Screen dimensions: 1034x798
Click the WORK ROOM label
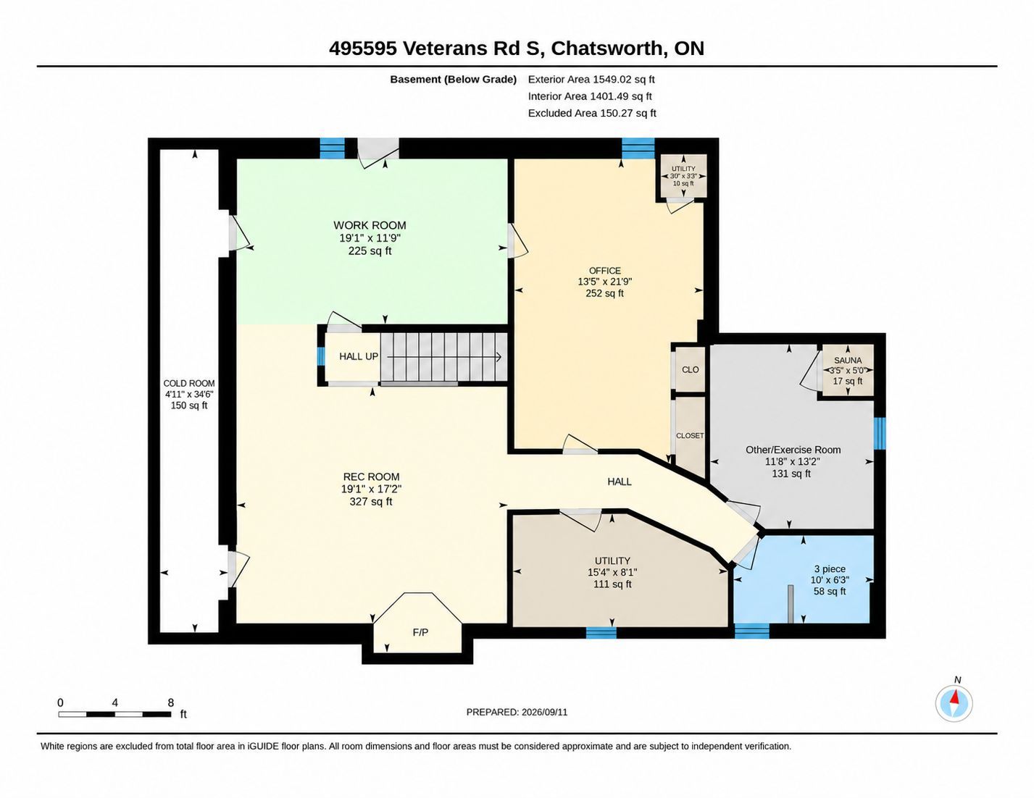coord(370,225)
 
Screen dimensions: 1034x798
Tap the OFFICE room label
coord(605,271)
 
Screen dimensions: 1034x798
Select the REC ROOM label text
coord(371,476)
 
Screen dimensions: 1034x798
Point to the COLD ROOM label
coord(189,383)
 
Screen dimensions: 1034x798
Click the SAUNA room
coord(848,371)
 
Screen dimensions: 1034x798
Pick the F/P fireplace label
coord(420,632)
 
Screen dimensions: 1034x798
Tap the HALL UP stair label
coord(358,356)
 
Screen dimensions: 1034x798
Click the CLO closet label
coord(690,369)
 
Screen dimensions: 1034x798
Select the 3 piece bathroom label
coord(830,568)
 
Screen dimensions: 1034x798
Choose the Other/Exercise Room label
coord(793,450)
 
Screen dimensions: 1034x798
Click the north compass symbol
coord(954,703)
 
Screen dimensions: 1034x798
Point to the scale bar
coord(114,714)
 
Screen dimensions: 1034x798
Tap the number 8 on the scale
coord(171,702)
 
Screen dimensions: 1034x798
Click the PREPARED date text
coord(517,712)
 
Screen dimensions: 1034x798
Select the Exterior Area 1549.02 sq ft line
coord(591,80)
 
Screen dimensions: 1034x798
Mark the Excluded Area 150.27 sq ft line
coord(592,113)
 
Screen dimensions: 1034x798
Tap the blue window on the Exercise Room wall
coord(880,433)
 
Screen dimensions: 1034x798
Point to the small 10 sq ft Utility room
coord(683,176)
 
